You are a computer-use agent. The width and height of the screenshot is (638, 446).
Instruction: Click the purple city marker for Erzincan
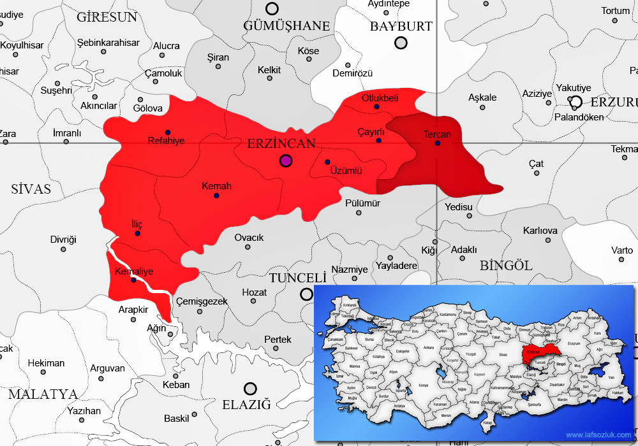286,161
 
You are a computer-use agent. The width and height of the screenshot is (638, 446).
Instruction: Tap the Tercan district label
437,134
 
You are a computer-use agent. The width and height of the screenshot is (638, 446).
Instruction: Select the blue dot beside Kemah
216,196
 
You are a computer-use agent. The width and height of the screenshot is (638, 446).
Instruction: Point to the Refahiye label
166,141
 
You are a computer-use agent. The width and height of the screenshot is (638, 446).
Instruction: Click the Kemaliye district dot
133,280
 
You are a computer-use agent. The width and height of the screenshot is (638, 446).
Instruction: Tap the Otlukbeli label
380,98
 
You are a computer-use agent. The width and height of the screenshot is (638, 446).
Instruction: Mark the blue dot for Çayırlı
379,140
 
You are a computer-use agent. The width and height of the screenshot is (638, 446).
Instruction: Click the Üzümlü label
346,171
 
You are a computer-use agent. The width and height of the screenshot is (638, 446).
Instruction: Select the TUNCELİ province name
298,278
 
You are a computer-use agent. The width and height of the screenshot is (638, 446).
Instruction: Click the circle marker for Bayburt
401,43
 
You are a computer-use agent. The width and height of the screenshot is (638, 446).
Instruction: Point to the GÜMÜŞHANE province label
287,26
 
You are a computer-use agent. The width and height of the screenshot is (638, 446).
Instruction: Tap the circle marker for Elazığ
250,388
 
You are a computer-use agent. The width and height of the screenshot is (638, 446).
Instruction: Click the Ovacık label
249,238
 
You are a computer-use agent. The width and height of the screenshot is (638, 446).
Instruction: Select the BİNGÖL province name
506,266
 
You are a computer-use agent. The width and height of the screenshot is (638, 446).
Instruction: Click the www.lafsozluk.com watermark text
599,435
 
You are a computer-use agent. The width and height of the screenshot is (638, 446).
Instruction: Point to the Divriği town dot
63,249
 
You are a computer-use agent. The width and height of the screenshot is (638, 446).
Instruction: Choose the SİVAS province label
31,189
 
